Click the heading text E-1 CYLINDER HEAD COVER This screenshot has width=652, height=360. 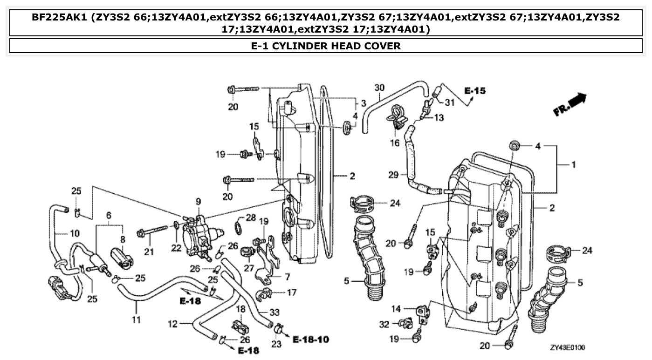[x=326, y=46]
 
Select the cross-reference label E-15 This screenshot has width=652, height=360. [x=474, y=90]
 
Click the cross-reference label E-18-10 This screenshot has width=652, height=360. [x=311, y=339]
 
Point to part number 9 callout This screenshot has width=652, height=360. [x=198, y=202]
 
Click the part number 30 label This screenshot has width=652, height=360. [x=379, y=87]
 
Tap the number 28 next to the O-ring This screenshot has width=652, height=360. [x=251, y=217]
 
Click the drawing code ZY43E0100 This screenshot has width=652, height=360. [x=567, y=347]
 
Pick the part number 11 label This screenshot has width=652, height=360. [x=136, y=319]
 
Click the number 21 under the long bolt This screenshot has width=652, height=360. [x=149, y=252]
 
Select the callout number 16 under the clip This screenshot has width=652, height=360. [x=395, y=143]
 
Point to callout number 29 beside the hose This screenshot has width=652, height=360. [x=394, y=175]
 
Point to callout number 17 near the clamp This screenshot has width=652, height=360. [x=291, y=293]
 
